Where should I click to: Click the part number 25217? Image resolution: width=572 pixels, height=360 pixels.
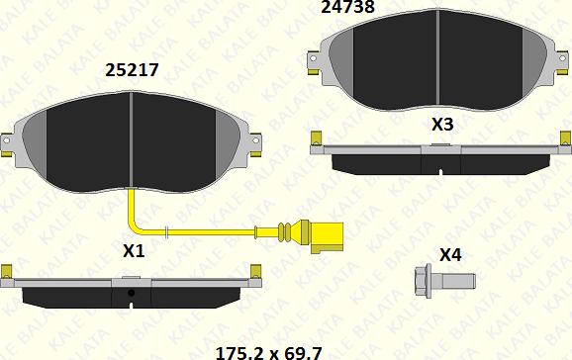(132, 70)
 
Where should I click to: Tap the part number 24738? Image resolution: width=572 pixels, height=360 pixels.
(347, 7)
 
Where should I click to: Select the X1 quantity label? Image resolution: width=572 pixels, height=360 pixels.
(134, 251)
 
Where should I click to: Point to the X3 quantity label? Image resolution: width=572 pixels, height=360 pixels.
(442, 125)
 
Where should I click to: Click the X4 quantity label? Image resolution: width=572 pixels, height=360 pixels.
(450, 255)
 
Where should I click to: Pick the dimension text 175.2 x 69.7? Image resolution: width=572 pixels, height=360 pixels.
(269, 353)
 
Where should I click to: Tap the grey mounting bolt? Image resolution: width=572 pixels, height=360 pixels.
(444, 281)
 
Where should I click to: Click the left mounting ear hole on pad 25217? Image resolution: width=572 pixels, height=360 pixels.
(6, 140)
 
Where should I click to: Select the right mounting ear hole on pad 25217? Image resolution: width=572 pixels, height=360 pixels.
(255, 140)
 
